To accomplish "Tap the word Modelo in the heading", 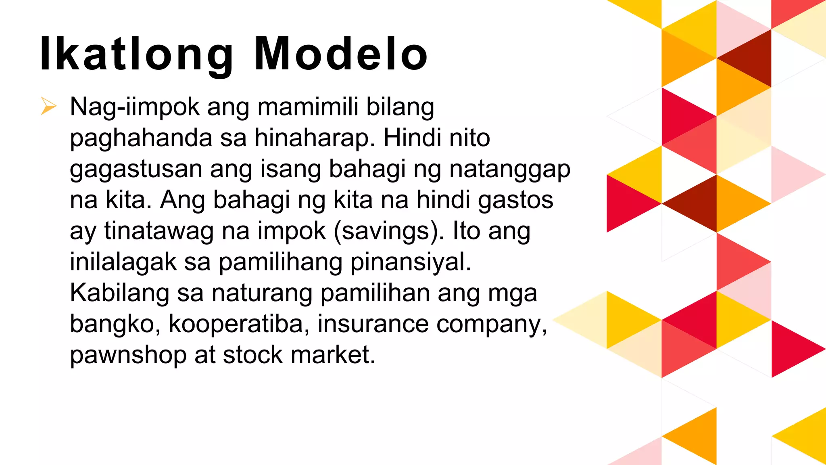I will click(x=341, y=54).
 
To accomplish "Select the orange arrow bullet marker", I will click(x=48, y=106).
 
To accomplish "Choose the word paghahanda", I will click(x=141, y=138).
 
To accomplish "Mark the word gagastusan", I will click(x=136, y=170).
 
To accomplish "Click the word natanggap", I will click(x=510, y=170).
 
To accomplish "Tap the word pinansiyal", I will click(x=411, y=262).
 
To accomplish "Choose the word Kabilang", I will click(x=119, y=293).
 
